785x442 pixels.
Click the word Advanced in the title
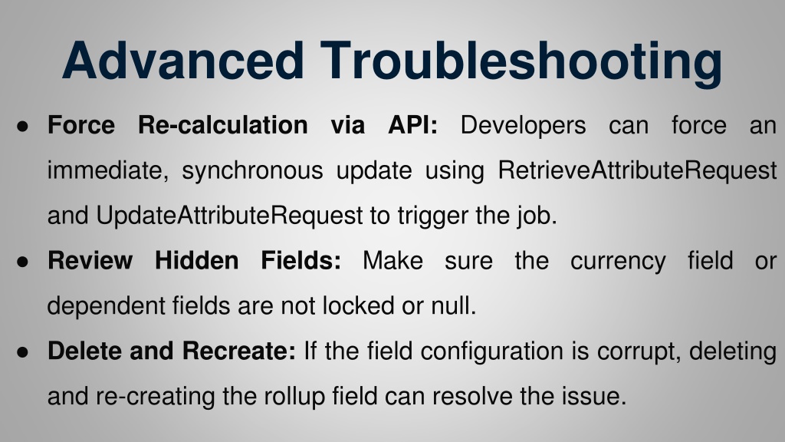[x=182, y=60]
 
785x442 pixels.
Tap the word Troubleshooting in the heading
[x=521, y=64]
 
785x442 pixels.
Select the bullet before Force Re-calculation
[x=22, y=127]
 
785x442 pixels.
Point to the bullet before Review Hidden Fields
[x=22, y=262]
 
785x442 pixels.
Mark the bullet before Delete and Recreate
[x=22, y=351]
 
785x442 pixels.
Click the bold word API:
[x=413, y=125]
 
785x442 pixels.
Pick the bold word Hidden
[x=197, y=261]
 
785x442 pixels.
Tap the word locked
[x=358, y=305]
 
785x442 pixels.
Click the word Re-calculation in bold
[x=223, y=125]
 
